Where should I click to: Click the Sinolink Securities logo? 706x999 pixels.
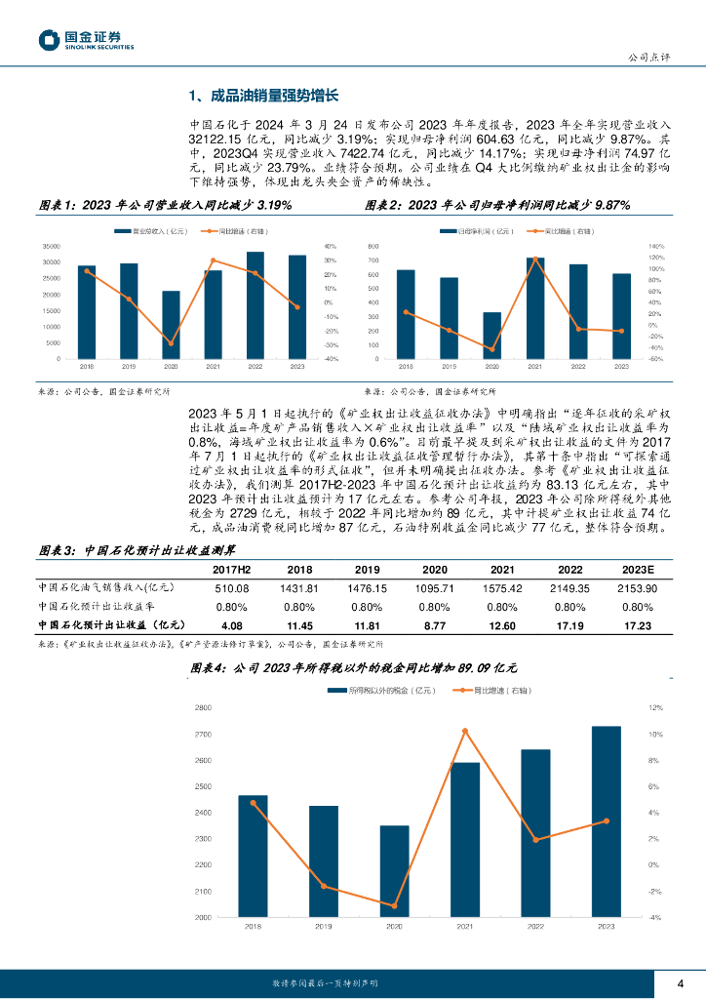point(87,39)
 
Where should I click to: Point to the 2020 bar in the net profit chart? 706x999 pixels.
point(492,335)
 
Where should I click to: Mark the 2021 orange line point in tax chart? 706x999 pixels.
point(465,731)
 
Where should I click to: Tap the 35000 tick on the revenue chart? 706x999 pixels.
point(52,246)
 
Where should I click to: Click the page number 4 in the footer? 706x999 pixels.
point(681,983)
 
